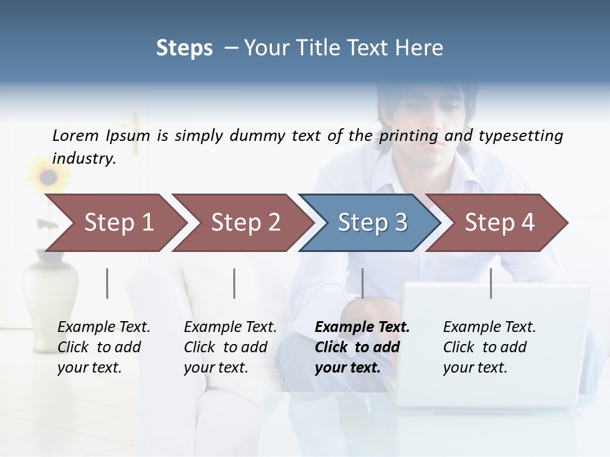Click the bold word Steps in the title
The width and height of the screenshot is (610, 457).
[184, 48]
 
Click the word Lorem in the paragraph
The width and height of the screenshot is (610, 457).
[75, 135]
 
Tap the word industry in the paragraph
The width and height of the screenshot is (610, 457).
[83, 158]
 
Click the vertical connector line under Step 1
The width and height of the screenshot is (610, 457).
[107, 283]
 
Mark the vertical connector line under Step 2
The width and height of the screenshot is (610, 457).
[234, 283]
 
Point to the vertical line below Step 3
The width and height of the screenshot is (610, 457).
[362, 283]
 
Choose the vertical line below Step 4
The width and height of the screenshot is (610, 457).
[491, 283]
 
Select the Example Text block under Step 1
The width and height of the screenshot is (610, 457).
[104, 347]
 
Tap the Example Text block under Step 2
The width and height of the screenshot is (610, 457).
[230, 347]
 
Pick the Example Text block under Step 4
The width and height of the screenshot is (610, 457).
[489, 347]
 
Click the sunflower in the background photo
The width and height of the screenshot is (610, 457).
[45, 176]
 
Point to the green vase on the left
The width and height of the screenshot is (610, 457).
[51, 286]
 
